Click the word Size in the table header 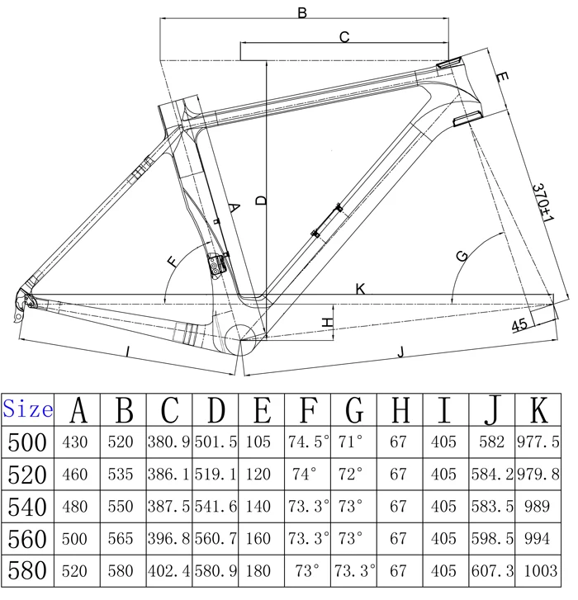point(29,408)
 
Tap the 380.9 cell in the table point(169,442)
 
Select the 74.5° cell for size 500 point(307,442)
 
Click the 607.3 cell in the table point(492,569)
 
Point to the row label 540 point(29,506)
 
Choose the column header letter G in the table point(353,408)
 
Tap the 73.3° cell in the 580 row point(353,569)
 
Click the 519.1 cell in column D point(216,475)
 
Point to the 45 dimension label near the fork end point(519,326)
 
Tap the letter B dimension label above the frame point(302,12)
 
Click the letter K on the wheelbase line point(360,289)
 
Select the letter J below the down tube point(400,353)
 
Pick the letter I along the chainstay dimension point(128,351)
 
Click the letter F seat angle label point(172,262)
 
